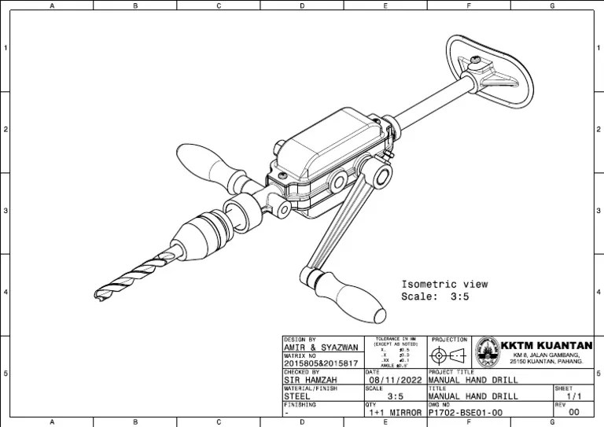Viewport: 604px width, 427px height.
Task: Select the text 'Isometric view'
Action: (444, 284)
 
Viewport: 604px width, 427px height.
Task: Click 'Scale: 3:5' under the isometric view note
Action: (435, 296)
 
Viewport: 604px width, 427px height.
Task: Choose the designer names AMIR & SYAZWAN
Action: (320, 347)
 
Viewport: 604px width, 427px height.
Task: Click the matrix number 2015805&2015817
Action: (320, 364)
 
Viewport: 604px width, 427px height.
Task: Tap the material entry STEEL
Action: (298, 396)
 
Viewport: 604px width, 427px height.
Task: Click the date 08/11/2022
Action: (396, 380)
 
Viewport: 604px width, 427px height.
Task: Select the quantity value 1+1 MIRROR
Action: (396, 412)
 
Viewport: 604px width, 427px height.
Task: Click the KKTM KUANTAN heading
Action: (547, 345)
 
